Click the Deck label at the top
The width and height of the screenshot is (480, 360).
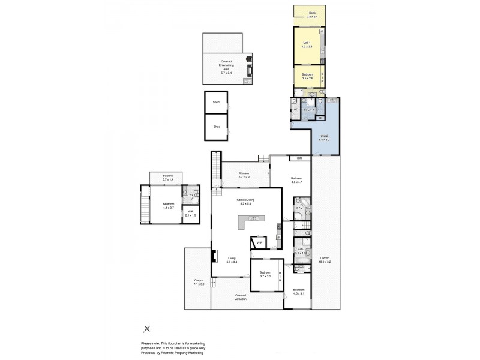point(311,14)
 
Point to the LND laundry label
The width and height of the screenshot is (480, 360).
point(295,110)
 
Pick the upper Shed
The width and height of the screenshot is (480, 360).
point(216,103)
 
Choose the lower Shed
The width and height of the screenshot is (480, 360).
point(216,127)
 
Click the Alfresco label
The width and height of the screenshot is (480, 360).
point(244,174)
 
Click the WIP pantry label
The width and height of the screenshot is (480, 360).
point(259,242)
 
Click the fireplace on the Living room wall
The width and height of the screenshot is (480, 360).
point(213,257)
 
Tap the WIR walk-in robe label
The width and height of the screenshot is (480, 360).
point(190,213)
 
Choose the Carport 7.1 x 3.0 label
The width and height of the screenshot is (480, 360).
point(199,282)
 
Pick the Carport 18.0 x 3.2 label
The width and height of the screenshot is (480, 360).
point(325,259)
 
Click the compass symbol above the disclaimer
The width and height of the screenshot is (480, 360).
point(147,328)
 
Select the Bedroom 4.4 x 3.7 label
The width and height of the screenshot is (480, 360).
point(167,206)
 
